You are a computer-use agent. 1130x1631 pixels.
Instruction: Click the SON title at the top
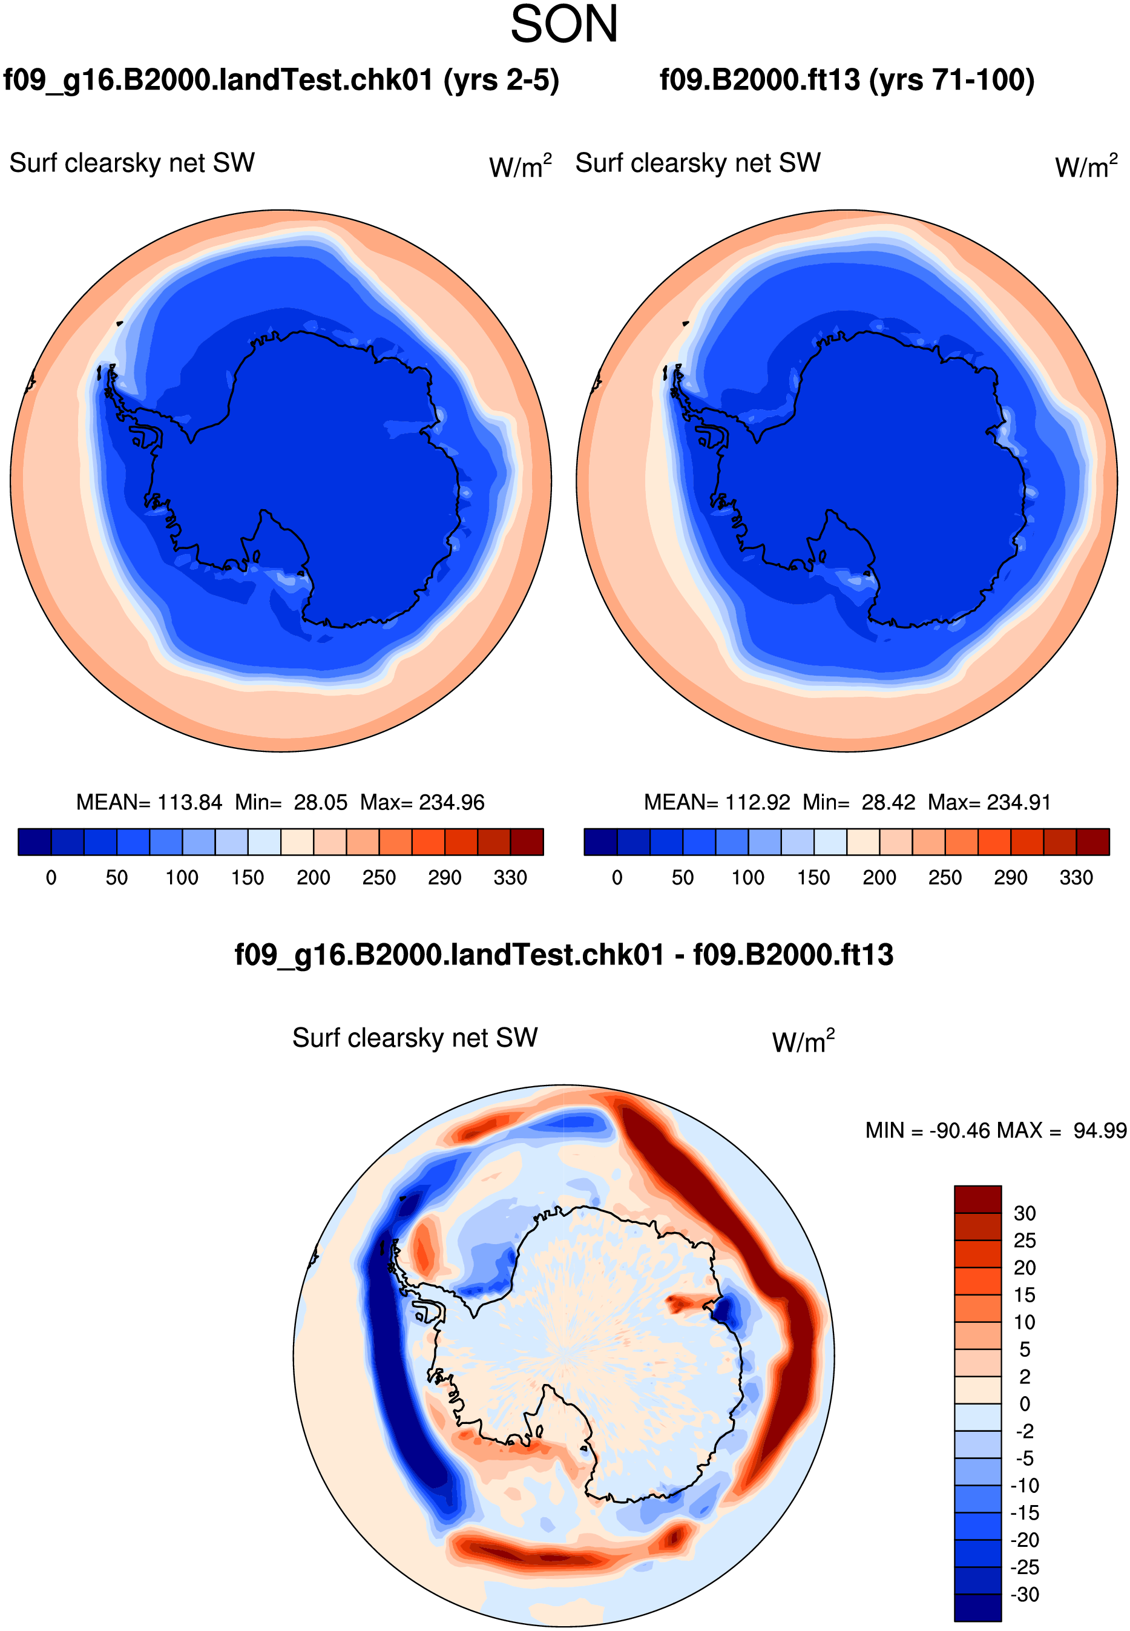point(564,25)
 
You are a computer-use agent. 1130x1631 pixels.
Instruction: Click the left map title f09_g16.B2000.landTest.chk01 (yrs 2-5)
point(281,80)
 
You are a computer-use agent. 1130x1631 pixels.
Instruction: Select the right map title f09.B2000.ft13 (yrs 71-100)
point(847,80)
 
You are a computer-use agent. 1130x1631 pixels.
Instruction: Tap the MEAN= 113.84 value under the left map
point(149,802)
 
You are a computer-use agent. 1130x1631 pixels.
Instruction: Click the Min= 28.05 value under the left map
point(291,802)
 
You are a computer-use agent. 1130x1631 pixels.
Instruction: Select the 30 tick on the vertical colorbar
point(1024,1213)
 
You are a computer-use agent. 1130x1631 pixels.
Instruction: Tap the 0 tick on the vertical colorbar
point(1024,1404)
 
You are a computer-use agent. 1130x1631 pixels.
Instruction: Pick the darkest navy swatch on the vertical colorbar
point(977,1607)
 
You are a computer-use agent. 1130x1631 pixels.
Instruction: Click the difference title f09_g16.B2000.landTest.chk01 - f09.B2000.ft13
point(563,955)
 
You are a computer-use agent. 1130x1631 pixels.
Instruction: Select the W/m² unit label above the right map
point(1086,166)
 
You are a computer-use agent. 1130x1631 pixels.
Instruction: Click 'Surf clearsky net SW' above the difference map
point(415,1038)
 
